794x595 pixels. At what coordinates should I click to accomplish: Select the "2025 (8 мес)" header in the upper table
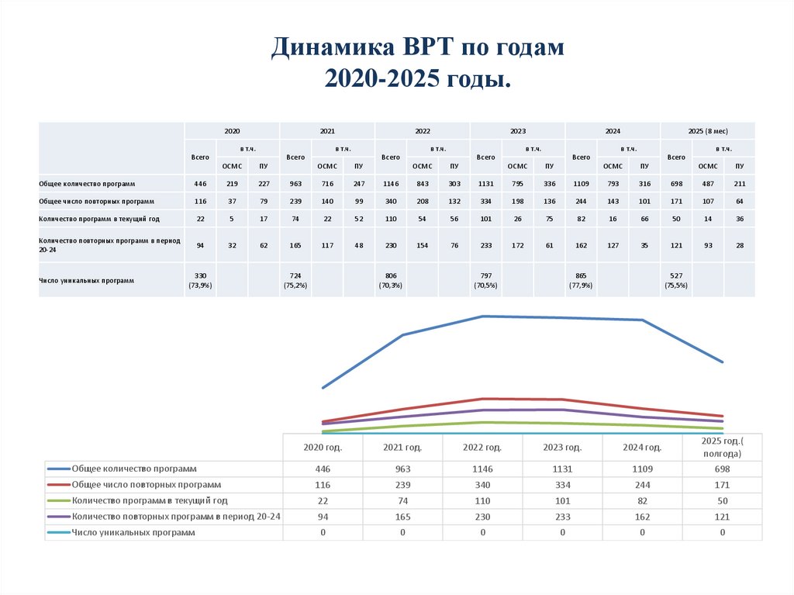click(x=707, y=131)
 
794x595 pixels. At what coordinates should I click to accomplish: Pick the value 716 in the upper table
click(x=326, y=184)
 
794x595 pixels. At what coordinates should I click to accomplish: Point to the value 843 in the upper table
click(x=422, y=184)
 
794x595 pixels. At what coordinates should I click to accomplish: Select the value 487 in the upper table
click(x=707, y=184)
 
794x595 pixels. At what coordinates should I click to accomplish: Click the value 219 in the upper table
click(x=232, y=184)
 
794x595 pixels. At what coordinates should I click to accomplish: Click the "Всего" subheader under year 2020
click(x=200, y=157)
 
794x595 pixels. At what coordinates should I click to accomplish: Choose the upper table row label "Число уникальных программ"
click(x=87, y=280)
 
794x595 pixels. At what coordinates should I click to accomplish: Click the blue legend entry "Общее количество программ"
click(x=133, y=469)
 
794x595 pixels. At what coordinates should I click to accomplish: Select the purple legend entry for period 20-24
click(x=175, y=517)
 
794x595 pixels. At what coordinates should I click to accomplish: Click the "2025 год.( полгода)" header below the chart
click(x=721, y=448)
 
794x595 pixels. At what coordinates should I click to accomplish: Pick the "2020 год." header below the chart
click(x=323, y=448)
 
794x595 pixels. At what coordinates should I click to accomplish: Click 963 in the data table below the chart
click(x=402, y=469)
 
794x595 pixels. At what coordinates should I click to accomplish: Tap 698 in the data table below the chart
click(x=721, y=469)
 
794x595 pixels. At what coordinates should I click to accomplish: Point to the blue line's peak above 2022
click(x=482, y=316)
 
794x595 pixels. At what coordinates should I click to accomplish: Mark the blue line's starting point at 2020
click(x=323, y=387)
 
